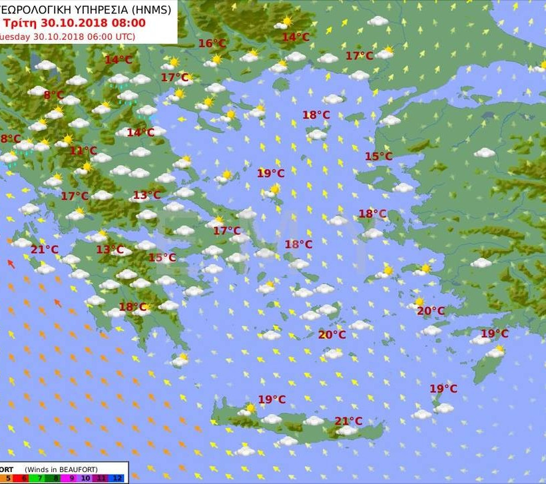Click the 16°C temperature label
click(x=212, y=44)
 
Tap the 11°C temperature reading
click(x=83, y=150)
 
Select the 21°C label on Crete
click(x=348, y=421)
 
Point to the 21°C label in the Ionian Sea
click(x=45, y=250)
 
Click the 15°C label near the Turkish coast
click(x=378, y=156)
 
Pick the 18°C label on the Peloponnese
click(x=133, y=307)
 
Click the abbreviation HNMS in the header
click(x=152, y=9)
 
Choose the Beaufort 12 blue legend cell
click(x=117, y=478)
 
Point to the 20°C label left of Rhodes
click(x=431, y=311)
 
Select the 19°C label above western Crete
click(x=272, y=399)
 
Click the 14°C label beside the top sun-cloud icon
click(x=296, y=37)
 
